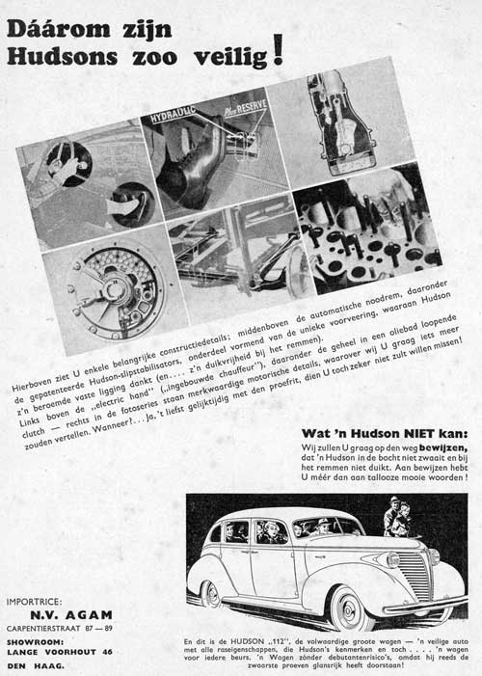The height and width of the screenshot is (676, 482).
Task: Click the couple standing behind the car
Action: pos(397,518)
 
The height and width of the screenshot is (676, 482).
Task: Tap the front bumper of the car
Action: pos(405,608)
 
